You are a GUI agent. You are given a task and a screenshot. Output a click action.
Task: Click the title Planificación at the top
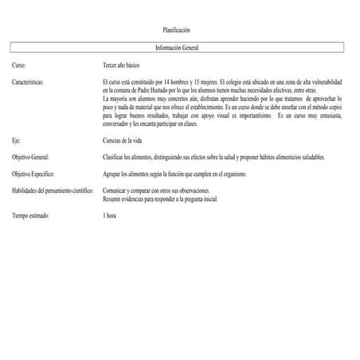176,29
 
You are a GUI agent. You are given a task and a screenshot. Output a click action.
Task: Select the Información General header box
177,48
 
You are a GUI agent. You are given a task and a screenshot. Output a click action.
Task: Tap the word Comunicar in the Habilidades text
117,191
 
